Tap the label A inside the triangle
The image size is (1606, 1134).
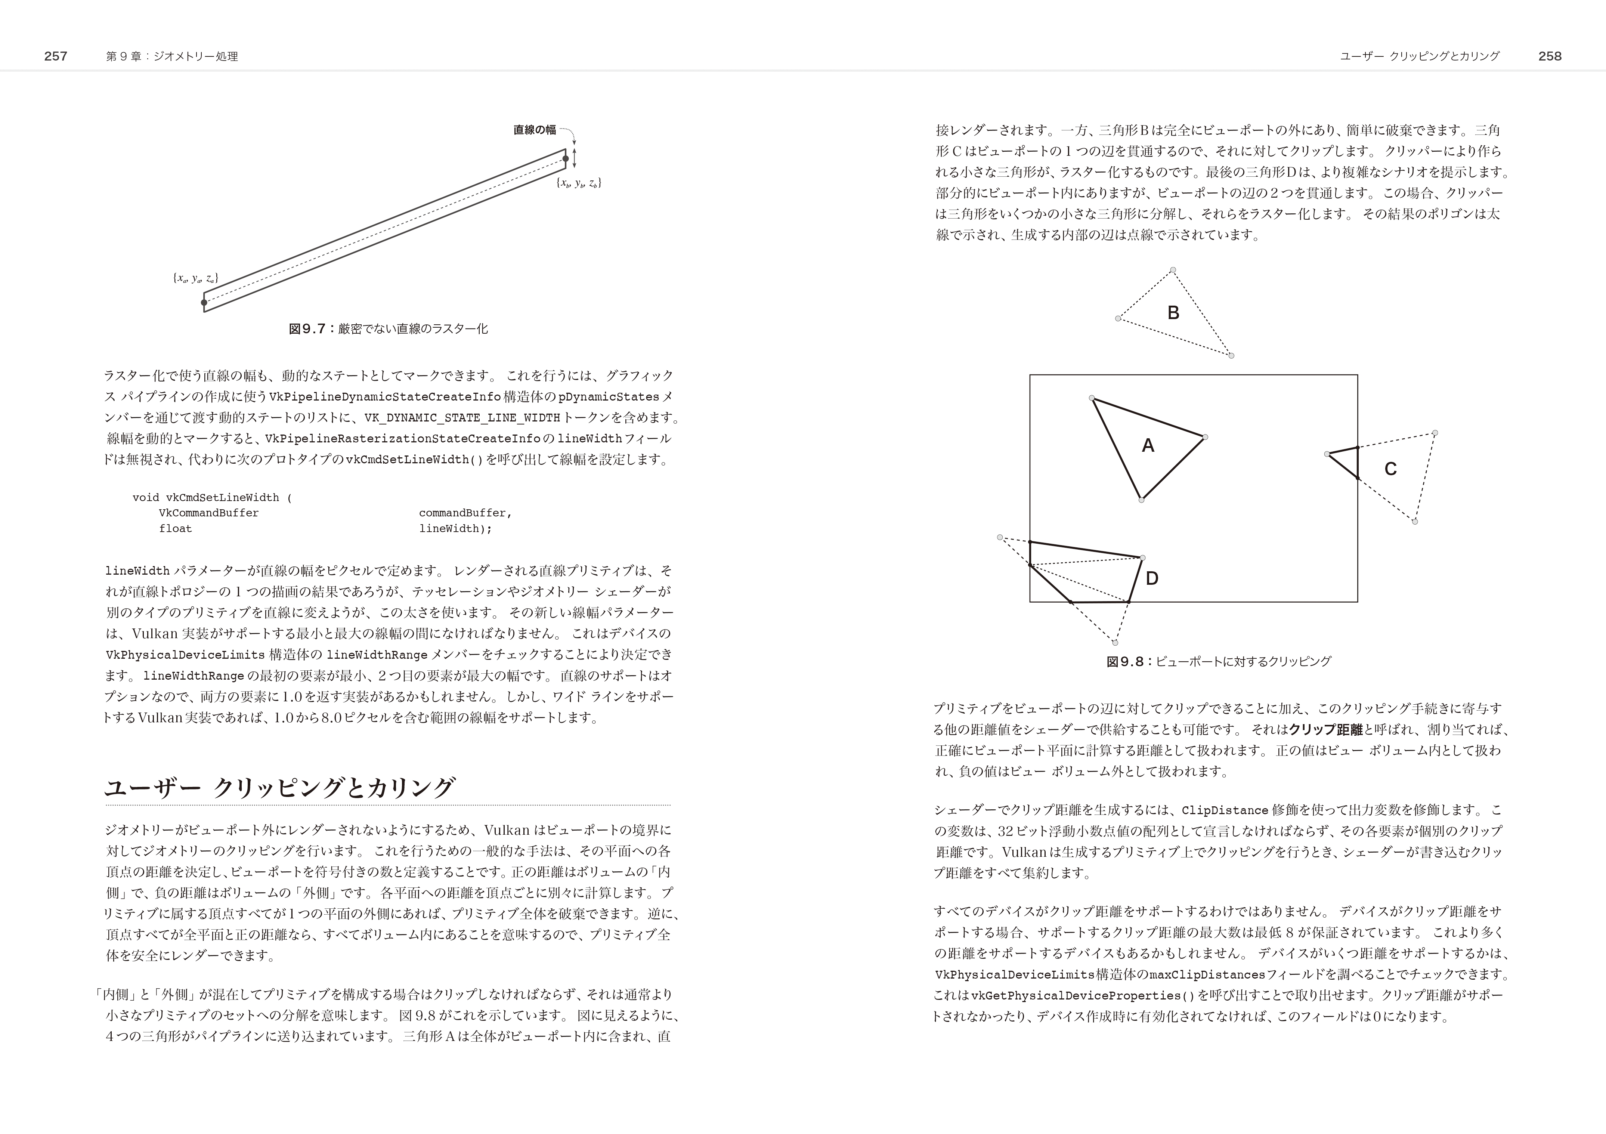1148,446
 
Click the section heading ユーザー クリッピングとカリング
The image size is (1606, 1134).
280,788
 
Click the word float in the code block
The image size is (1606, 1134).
175,529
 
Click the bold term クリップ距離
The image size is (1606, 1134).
1325,730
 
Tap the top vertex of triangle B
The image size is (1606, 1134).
1173,270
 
